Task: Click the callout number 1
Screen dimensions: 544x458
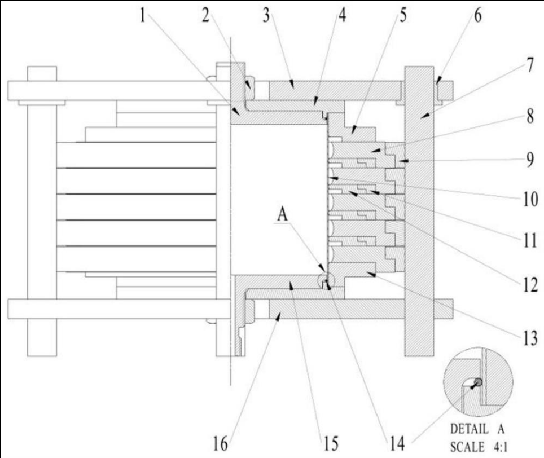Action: (x=143, y=16)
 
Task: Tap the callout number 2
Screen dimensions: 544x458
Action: (x=206, y=16)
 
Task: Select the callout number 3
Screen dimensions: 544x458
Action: (x=266, y=16)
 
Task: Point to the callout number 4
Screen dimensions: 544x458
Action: (x=342, y=16)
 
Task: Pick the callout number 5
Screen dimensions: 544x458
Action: (x=403, y=16)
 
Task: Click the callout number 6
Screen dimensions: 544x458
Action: (x=478, y=16)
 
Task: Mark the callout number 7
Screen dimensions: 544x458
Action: (x=530, y=65)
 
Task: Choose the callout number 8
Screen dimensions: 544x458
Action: (x=530, y=116)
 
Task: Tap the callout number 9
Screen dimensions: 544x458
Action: (x=530, y=160)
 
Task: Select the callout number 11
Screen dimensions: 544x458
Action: (x=530, y=241)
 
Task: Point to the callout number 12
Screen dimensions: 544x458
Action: (x=530, y=285)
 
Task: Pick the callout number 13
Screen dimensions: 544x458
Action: (x=530, y=338)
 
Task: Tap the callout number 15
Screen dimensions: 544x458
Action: (x=331, y=443)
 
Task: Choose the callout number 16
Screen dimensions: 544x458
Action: (x=221, y=443)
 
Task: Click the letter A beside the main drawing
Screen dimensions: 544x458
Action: (x=282, y=214)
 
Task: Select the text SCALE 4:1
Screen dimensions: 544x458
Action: (x=479, y=447)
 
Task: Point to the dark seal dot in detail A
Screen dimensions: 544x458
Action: (x=478, y=382)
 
